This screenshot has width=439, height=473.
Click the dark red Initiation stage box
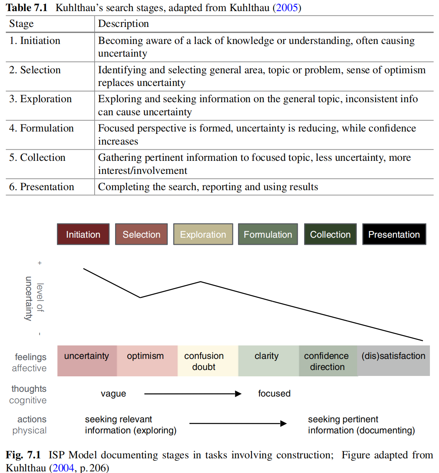click(x=83, y=234)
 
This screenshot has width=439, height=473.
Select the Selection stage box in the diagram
click(x=141, y=234)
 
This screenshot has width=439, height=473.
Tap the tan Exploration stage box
click(x=203, y=234)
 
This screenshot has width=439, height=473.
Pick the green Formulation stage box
click(x=268, y=234)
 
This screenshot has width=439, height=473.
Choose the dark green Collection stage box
click(x=330, y=234)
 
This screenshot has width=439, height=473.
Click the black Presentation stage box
click(x=394, y=234)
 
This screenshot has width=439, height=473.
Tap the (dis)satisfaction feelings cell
click(x=394, y=360)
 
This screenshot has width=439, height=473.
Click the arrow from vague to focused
click(x=193, y=394)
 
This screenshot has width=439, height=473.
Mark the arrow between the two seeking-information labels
click(x=238, y=423)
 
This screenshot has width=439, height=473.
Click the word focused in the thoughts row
click(x=274, y=393)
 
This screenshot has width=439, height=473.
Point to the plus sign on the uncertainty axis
click(x=40, y=263)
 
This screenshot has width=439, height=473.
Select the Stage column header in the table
click(x=22, y=24)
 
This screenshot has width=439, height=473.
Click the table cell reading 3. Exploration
click(x=41, y=99)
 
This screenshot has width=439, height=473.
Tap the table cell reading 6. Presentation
click(x=42, y=187)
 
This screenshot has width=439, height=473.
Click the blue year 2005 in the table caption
click(x=287, y=8)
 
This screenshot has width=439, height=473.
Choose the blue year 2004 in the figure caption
click(x=63, y=468)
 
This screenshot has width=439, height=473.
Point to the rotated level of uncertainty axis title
click(x=34, y=298)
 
